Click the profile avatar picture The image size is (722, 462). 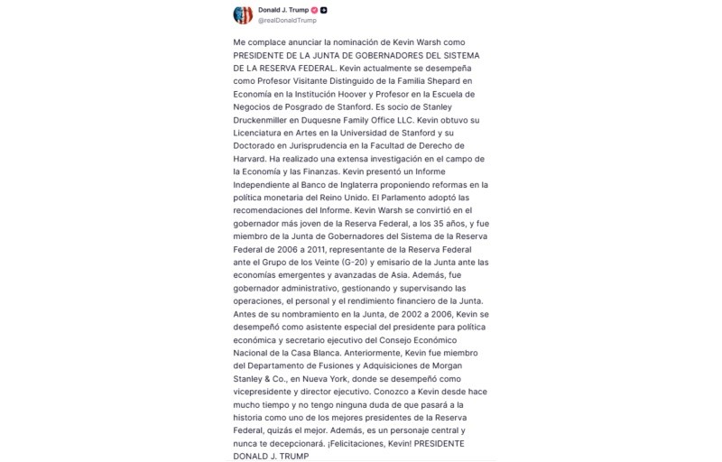pyautogui.click(x=243, y=14)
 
